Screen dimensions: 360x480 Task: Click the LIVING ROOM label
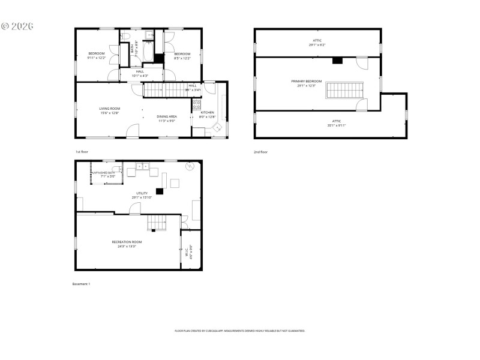pos(109,109)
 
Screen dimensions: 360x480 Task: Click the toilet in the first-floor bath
pos(125,37)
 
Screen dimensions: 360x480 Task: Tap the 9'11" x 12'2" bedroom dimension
pos(97,58)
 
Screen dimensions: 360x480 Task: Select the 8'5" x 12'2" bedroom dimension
pos(182,58)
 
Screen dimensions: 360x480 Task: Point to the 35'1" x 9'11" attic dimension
pos(337,126)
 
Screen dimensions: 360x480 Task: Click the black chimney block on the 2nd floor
pos(337,60)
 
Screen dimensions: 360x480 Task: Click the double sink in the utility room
pos(142,166)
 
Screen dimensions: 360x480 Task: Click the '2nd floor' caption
pos(260,152)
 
